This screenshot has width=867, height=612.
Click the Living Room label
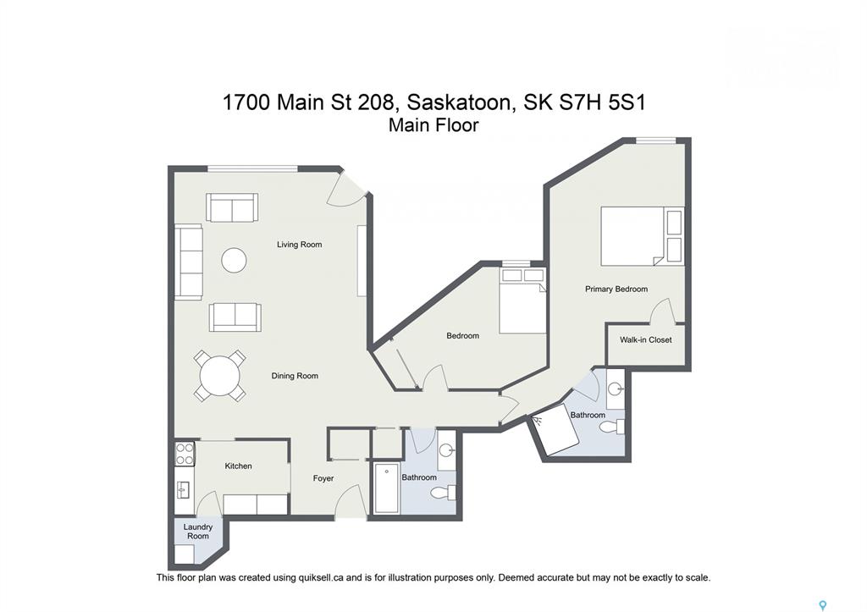click(x=299, y=245)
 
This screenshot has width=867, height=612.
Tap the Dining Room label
click(x=295, y=376)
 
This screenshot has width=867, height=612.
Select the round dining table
click(x=220, y=376)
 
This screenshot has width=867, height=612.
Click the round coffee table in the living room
click(x=234, y=259)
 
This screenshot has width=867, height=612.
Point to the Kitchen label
click(x=238, y=466)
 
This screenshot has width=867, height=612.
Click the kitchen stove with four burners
click(x=185, y=454)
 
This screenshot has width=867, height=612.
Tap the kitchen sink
click(x=183, y=490)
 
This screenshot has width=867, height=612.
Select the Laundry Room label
click(x=198, y=532)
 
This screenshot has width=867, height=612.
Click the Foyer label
click(x=323, y=478)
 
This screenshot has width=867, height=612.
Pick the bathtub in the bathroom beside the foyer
click(x=387, y=488)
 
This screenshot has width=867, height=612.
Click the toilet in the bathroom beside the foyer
click(x=444, y=492)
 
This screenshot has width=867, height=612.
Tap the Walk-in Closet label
click(x=646, y=340)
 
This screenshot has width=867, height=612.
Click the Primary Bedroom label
click(x=616, y=289)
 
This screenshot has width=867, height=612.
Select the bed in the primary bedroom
click(x=643, y=236)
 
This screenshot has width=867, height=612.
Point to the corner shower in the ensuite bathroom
click(x=555, y=429)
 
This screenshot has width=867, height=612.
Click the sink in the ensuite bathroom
click(x=616, y=389)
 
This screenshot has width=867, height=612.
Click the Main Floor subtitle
click(x=433, y=125)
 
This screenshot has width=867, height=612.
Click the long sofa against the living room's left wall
click(x=189, y=262)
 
